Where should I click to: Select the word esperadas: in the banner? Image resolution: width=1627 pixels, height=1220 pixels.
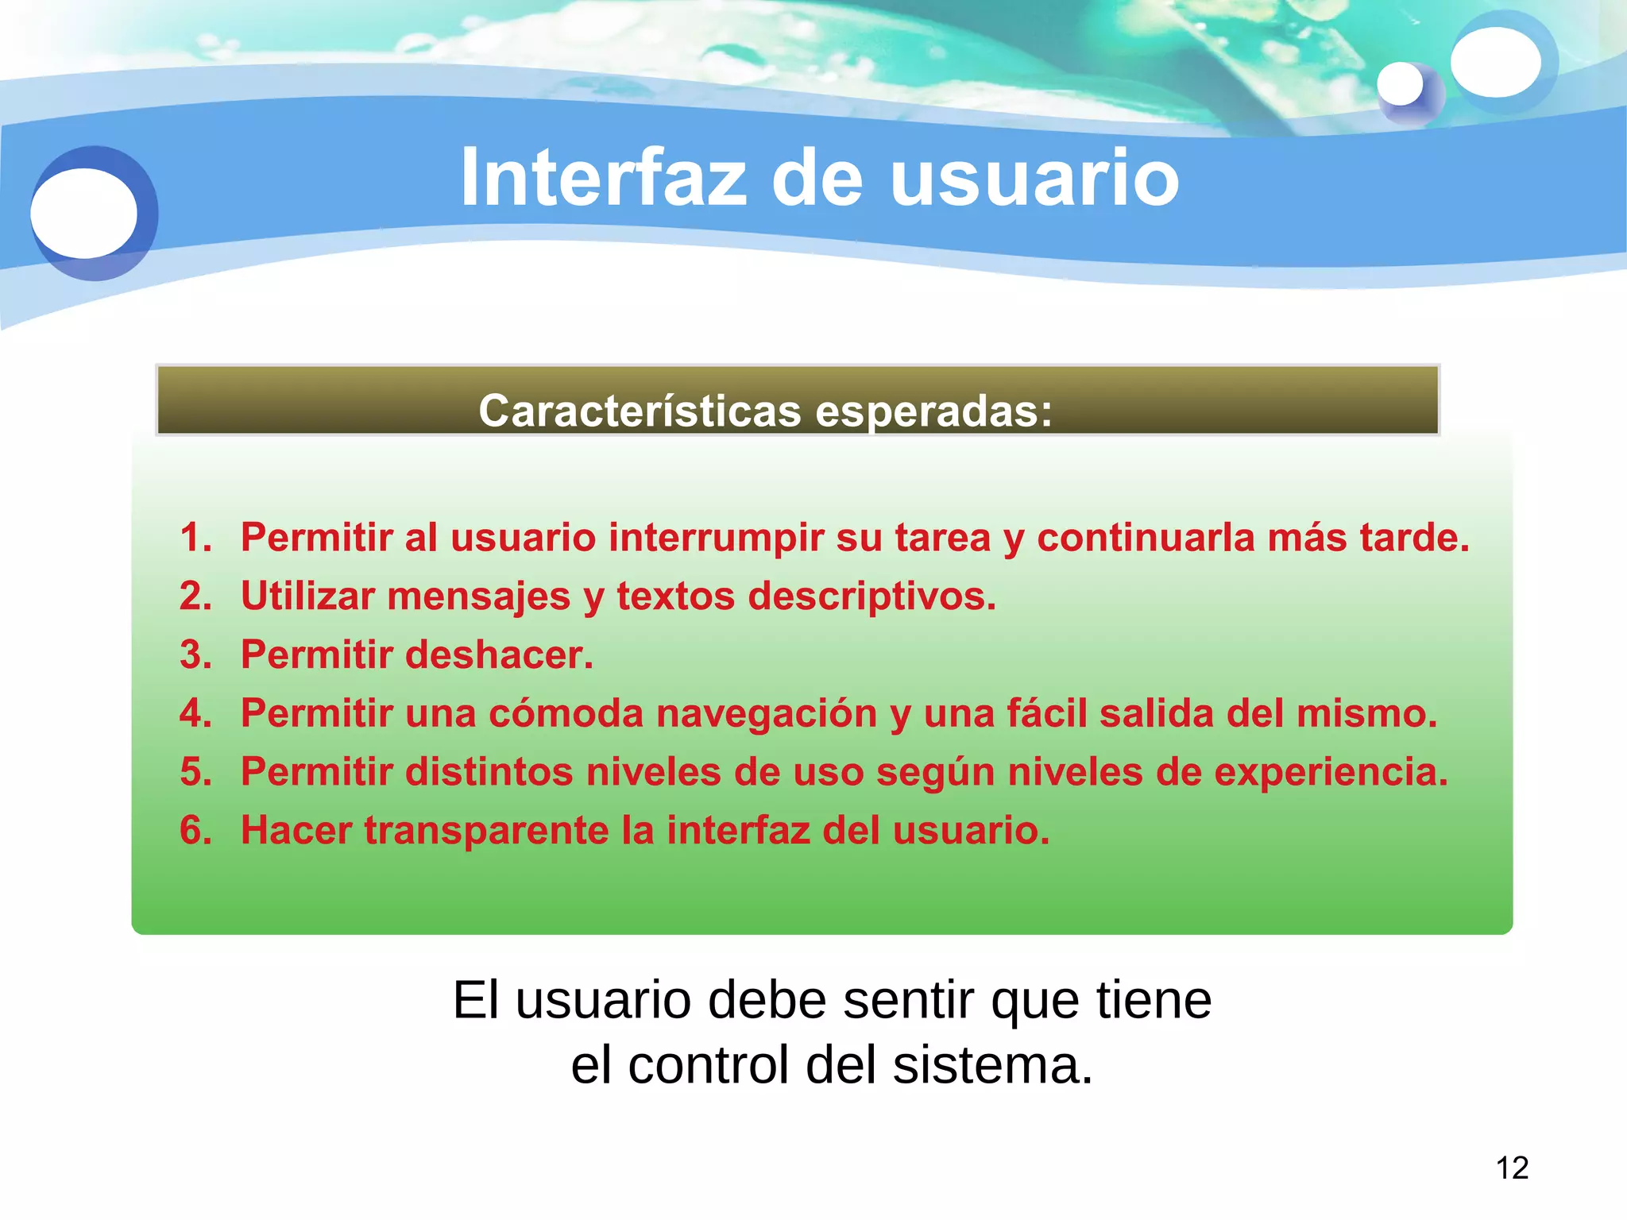933,411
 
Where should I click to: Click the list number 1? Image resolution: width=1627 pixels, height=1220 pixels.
195,538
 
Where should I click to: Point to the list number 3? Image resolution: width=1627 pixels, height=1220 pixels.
195,655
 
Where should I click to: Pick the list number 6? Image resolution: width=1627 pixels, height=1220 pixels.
195,831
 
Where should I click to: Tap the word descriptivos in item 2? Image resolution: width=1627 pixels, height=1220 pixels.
871,597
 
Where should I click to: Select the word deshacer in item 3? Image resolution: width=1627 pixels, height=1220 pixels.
498,655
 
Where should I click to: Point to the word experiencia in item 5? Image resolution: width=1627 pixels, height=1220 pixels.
1331,772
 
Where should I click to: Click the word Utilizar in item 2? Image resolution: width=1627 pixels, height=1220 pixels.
307,596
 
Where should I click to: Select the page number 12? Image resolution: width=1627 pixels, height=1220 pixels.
1512,1168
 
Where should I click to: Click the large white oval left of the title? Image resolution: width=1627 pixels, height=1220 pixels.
84,213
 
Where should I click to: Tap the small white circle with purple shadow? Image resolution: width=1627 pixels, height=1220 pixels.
1400,84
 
